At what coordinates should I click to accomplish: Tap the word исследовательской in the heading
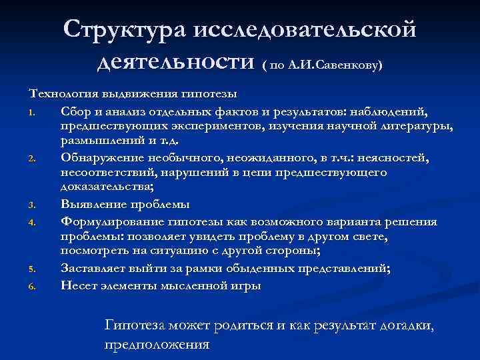click(x=304, y=30)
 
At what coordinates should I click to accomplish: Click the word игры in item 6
click(x=247, y=285)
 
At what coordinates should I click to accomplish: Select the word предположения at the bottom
click(x=157, y=345)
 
